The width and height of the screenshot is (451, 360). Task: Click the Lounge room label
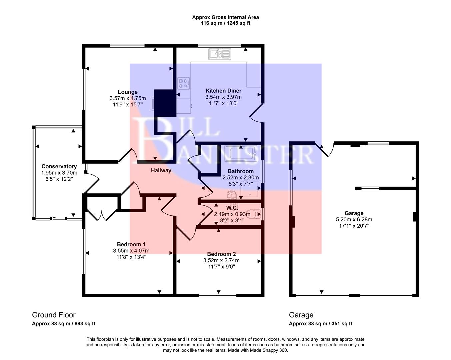(127, 92)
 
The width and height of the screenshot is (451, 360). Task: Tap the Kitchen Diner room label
(223, 91)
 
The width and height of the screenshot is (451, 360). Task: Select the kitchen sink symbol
(219, 54)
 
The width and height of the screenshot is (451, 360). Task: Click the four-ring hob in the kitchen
(184, 83)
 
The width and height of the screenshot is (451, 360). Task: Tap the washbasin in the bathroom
(231, 195)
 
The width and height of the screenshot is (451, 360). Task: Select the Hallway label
(161, 170)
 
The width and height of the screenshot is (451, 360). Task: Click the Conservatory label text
(59, 166)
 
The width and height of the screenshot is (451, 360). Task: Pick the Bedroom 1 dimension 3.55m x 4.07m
(131, 251)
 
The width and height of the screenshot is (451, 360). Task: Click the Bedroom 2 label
(221, 254)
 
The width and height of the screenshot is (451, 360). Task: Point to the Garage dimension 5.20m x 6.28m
(354, 219)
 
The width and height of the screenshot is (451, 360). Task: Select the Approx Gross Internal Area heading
(225, 17)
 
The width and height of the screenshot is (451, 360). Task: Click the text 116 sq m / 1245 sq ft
(225, 23)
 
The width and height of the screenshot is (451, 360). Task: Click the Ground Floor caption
(54, 315)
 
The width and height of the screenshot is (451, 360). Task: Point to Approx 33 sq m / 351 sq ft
(320, 324)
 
